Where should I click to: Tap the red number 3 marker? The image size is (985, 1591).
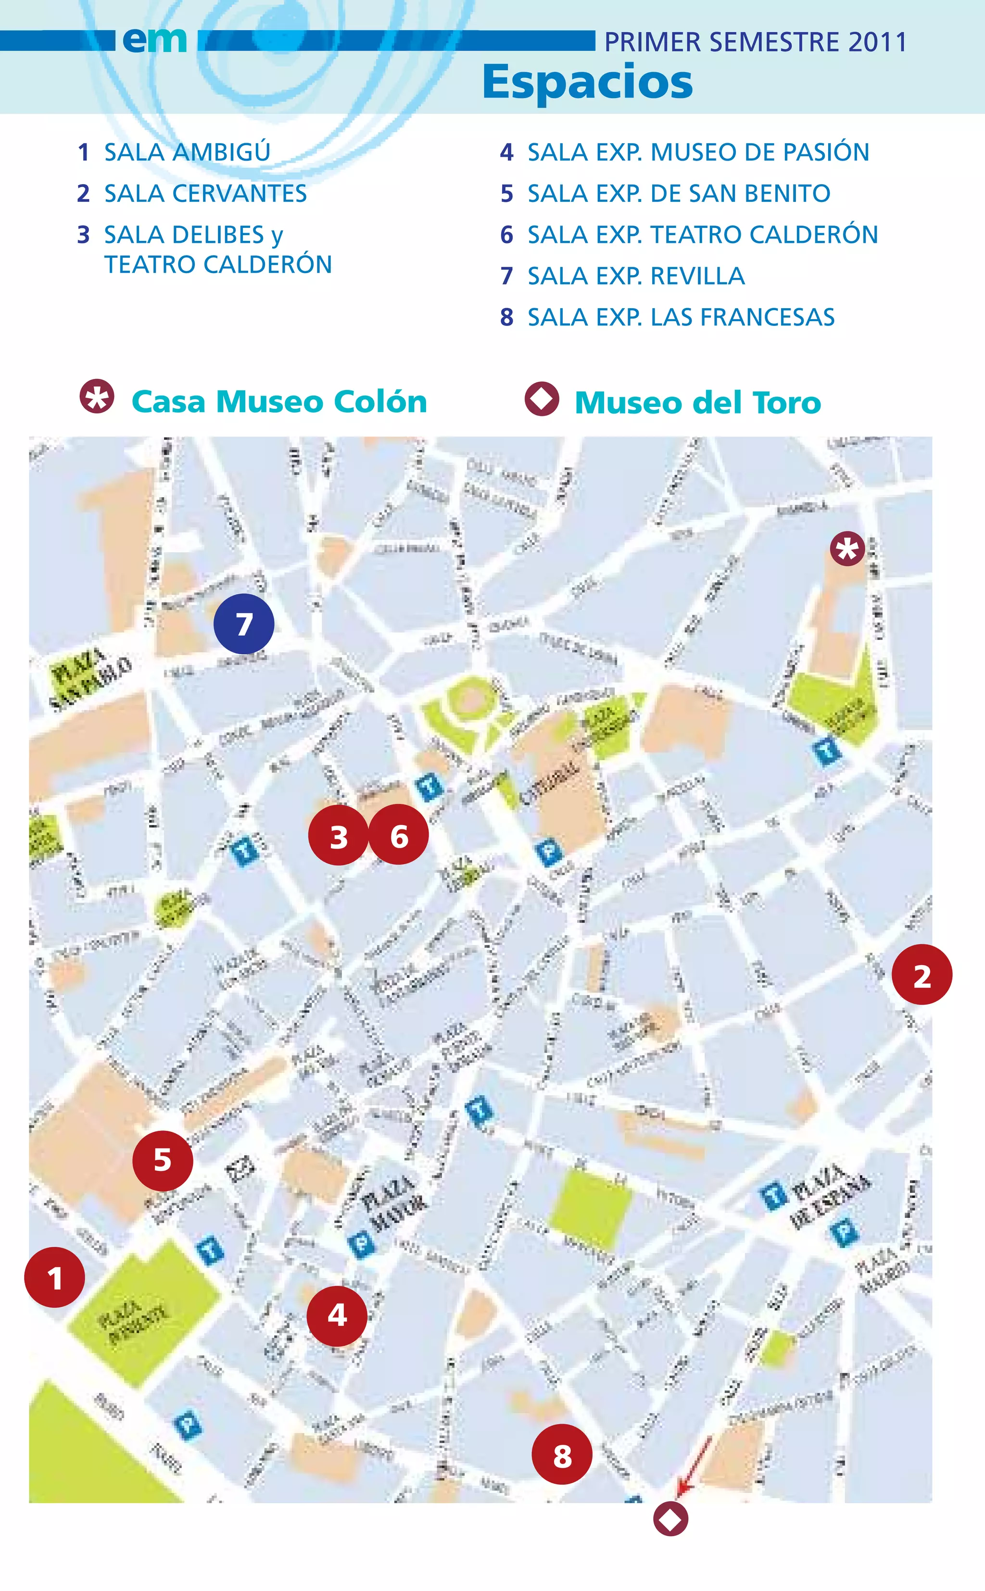[x=338, y=836]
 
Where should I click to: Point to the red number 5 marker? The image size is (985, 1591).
[x=162, y=1160]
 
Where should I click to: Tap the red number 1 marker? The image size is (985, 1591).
[x=55, y=1278]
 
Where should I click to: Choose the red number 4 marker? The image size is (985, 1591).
[x=337, y=1315]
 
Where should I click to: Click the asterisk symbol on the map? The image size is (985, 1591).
[x=847, y=549]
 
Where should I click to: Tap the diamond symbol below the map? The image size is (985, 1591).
[x=670, y=1519]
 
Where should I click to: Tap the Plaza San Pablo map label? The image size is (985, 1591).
[x=90, y=677]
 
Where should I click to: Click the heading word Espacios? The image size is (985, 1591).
[x=588, y=82]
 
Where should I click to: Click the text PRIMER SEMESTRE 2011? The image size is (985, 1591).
[x=756, y=42]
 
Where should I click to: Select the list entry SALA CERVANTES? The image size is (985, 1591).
[x=205, y=193]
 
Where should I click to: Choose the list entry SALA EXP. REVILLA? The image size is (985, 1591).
[x=636, y=276]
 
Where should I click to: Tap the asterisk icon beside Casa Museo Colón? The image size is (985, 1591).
[x=97, y=397]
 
